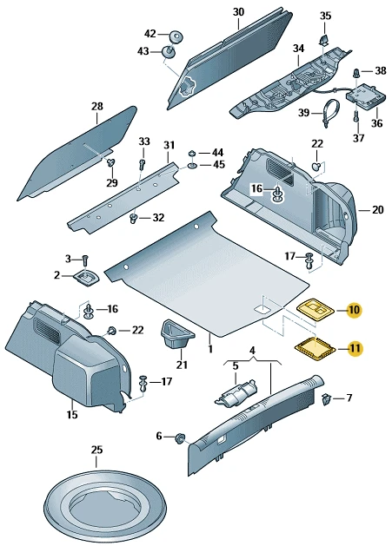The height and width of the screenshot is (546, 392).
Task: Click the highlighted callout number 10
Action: pos(354,310)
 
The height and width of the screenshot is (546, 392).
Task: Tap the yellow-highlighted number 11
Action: pos(355,349)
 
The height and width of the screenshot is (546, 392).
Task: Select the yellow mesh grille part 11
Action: pos(316,349)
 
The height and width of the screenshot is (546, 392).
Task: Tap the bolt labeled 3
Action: pos(85,260)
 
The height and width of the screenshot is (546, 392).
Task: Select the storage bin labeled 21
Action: pos(176,333)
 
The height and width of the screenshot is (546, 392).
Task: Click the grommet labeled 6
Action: pos(180,437)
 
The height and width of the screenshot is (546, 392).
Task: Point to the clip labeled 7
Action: pos(326,399)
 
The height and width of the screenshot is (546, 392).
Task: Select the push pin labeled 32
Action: pos(134,219)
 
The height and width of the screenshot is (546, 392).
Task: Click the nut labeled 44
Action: pos(191,153)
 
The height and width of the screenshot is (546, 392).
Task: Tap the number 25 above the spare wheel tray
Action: pos(97,450)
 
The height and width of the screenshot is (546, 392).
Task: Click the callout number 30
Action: pos(238,12)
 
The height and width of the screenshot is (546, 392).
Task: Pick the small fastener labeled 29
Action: pos(111,162)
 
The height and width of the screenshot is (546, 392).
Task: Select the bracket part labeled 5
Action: pos(236,393)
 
